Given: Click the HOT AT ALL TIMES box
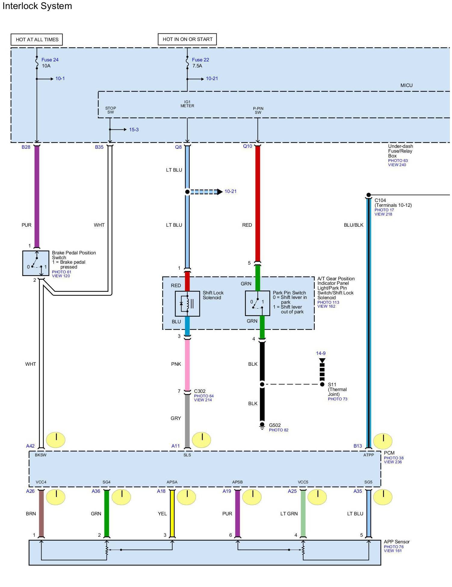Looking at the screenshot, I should [37, 39].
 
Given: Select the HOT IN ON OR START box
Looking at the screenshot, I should [187, 39].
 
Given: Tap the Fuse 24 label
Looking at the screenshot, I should [50, 60].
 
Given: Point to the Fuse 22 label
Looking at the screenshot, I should [200, 60].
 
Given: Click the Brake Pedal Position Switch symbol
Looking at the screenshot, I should [36, 263].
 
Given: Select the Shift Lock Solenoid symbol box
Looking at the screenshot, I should [187, 303].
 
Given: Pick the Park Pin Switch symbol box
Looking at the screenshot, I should [257, 303].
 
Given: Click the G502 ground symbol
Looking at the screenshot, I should [262, 426].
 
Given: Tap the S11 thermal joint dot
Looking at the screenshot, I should [322, 384].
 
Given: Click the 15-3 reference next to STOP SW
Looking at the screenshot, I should [134, 129].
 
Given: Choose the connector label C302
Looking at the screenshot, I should [200, 391].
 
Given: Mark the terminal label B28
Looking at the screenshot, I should [26, 147].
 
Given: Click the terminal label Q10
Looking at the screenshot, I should [247, 146].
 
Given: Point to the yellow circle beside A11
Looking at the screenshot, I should [201, 440].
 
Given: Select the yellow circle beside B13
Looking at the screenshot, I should [383, 441].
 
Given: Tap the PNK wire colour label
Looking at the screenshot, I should [176, 364].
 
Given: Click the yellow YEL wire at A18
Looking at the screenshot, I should [172, 513].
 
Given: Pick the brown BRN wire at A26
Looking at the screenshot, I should [41, 513].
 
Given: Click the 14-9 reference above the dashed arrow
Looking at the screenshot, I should [320, 353].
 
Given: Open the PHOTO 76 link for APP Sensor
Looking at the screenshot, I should [393, 547].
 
